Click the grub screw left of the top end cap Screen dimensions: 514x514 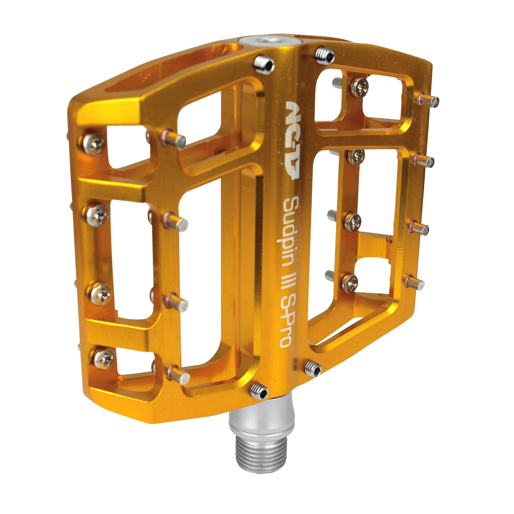(264, 65)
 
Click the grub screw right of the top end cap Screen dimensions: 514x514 (325, 56)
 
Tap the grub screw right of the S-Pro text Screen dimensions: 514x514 (313, 369)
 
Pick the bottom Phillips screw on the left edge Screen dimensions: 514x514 (104, 358)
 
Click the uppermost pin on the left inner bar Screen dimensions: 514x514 (174, 139)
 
